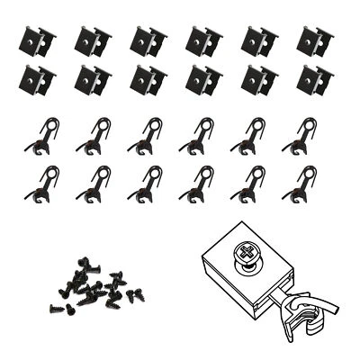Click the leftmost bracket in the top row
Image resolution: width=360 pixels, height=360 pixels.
(x=38, y=40)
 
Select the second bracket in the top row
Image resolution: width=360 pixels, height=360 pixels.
(x=93, y=40)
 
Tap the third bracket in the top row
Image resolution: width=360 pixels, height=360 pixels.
(x=148, y=40)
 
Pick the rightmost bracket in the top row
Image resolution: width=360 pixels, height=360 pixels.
(x=315, y=40)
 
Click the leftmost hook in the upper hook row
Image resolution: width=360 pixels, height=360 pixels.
(x=42, y=135)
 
